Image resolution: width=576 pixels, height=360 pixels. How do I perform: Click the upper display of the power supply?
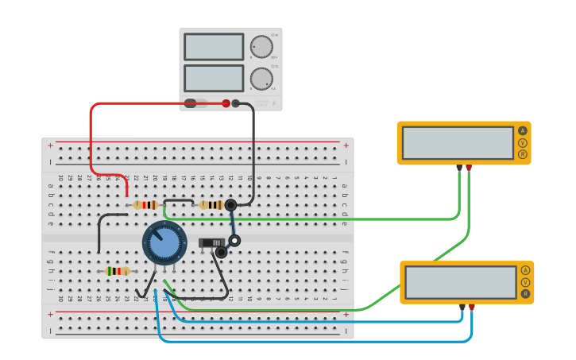214,47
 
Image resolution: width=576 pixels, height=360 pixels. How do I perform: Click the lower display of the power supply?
214,78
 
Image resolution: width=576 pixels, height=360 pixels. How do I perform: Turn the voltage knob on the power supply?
261,47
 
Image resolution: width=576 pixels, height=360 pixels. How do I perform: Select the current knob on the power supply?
261,78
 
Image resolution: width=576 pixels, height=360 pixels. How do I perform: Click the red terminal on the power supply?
226,103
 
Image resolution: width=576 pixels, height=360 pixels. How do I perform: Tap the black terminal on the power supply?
235,103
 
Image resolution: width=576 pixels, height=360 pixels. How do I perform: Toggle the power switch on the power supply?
195,103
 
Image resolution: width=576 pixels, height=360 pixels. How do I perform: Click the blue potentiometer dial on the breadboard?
164,243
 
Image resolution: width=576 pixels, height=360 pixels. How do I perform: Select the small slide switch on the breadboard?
211,242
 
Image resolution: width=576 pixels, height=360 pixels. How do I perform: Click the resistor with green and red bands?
118,271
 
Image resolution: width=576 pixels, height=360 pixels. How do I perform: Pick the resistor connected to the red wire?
145,205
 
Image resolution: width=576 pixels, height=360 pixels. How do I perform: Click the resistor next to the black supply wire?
211,205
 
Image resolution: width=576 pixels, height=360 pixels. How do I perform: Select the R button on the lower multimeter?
525,294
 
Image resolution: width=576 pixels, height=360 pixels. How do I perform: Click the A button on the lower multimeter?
525,270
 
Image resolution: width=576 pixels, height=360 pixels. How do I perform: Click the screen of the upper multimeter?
458,143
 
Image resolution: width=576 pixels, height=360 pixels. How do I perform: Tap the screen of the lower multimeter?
461,282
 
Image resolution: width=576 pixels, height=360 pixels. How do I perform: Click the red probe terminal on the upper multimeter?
469,168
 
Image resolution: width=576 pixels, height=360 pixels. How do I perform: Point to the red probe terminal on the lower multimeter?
472,307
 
